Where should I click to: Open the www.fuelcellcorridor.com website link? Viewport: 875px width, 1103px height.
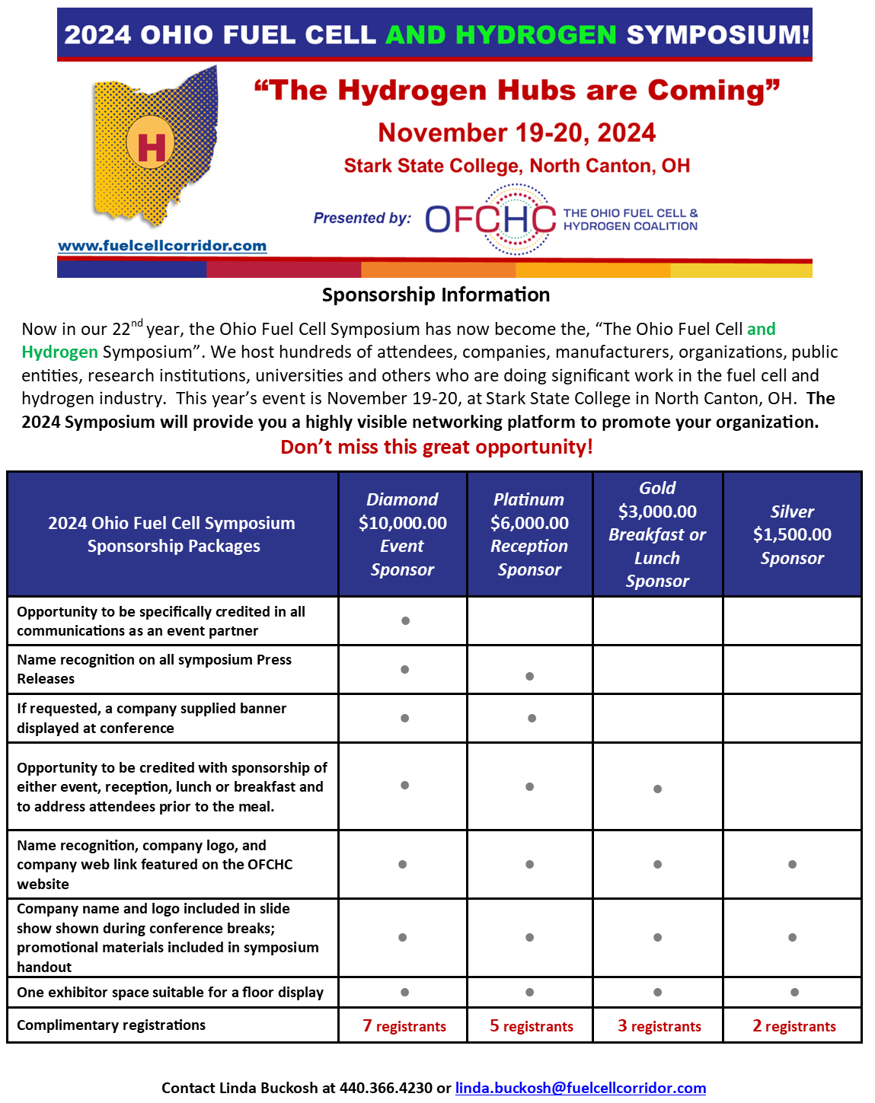(162, 246)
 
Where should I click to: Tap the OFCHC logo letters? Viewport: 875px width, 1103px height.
(490, 219)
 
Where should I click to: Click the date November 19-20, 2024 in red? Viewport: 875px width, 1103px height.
(516, 132)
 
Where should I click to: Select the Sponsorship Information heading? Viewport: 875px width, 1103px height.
(436, 295)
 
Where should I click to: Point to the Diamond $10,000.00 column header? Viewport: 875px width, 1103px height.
(402, 534)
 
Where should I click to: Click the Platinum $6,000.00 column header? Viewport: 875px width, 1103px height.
(529, 534)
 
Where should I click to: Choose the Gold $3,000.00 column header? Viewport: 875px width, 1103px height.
(657, 534)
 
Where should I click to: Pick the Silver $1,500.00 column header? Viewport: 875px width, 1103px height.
(792, 534)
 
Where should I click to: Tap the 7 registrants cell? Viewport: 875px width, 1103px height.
(404, 1026)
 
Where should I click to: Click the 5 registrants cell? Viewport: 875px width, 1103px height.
(532, 1026)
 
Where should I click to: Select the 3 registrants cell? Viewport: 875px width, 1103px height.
(659, 1026)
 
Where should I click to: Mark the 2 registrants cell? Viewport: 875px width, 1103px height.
(794, 1026)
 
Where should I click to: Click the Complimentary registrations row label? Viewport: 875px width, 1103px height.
(111, 1025)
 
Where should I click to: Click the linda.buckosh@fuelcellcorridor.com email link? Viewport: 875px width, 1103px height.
(580, 1088)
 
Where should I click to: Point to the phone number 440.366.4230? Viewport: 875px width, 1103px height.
(385, 1088)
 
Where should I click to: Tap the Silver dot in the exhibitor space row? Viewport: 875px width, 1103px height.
(794, 992)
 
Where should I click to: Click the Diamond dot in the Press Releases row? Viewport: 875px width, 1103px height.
(405, 670)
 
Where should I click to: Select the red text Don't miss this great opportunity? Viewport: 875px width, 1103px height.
(436, 447)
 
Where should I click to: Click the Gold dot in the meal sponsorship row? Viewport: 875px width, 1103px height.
(657, 789)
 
